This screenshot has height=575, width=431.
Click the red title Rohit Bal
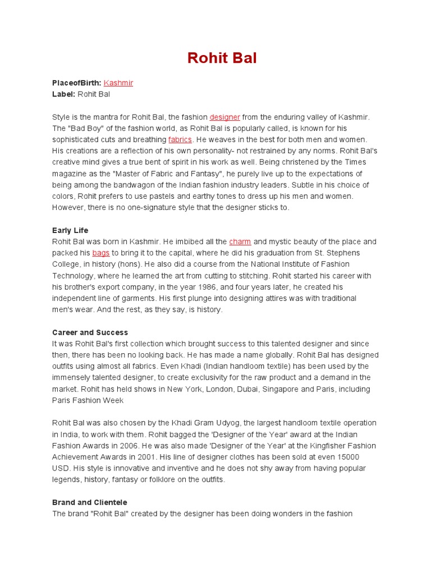[x=222, y=58]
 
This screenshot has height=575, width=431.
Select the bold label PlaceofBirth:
[x=76, y=83]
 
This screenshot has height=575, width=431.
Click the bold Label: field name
[x=63, y=94]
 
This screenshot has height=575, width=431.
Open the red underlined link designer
[x=224, y=117]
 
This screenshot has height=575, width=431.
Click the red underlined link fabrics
[x=180, y=139]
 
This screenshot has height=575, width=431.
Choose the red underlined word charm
[x=240, y=241]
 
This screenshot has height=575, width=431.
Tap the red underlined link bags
[x=101, y=253]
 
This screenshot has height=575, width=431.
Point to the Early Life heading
[x=70, y=230]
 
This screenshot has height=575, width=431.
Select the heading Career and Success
[x=90, y=332]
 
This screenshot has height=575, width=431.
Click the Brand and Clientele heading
[x=90, y=502]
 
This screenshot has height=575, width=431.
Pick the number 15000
[x=349, y=457]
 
